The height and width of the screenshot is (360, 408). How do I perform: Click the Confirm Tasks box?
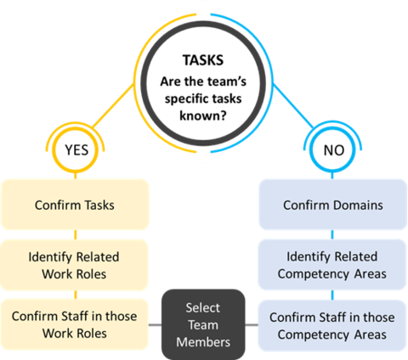point(76,205)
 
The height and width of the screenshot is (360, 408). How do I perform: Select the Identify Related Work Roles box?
point(76,264)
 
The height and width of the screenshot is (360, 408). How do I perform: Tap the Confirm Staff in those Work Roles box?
point(76,324)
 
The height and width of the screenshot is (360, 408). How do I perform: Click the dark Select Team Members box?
point(203,324)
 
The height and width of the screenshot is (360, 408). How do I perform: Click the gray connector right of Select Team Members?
point(252,324)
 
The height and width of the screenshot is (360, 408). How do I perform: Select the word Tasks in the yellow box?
point(100,205)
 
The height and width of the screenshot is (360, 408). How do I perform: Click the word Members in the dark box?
point(203,340)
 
